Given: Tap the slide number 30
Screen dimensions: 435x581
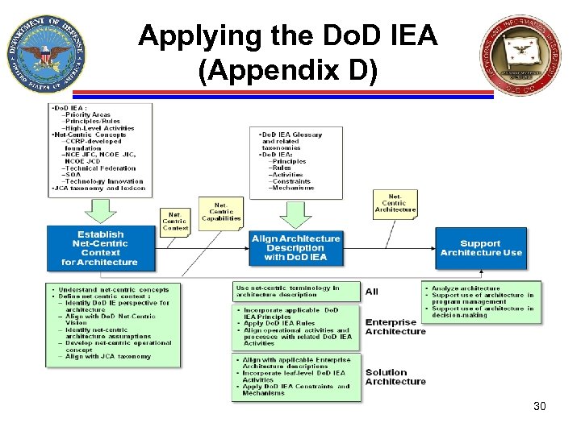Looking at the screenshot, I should [539, 406].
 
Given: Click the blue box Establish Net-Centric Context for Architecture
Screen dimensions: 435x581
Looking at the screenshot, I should [99, 248].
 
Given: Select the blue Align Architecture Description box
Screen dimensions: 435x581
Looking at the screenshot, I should [295, 248].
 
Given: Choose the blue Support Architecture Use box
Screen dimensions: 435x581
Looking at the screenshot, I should [480, 248].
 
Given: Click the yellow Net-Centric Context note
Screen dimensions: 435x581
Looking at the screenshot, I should [175, 220].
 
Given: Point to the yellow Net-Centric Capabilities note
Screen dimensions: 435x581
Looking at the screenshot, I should [221, 213].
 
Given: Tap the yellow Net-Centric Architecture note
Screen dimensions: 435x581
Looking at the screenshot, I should [395, 203].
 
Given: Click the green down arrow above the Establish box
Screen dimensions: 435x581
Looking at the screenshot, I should [100, 210].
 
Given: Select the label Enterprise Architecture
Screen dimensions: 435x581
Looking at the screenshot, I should [395, 326].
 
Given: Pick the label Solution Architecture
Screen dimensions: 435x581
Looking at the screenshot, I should [395, 377].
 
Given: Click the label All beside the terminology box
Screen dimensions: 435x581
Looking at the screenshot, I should [371, 292].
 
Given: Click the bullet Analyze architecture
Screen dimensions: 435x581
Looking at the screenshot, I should [466, 288].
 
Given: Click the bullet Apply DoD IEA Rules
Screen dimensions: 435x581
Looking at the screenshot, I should [279, 324].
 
